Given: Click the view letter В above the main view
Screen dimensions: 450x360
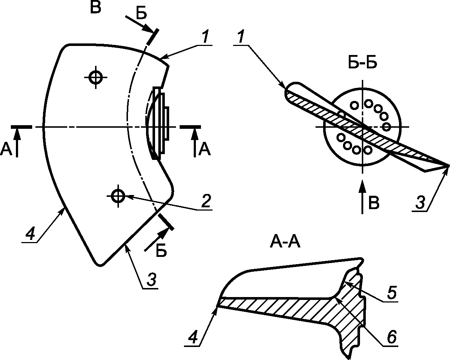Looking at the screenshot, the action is click(95, 8).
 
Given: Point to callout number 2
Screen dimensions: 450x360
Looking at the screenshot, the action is click(205, 201).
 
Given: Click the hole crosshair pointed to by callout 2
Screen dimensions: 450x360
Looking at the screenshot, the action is click(117, 196).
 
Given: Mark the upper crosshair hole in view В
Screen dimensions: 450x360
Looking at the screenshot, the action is click(95, 76).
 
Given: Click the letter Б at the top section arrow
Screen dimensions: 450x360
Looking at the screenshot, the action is click(141, 13).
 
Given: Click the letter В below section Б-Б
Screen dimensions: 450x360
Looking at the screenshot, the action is click(374, 203).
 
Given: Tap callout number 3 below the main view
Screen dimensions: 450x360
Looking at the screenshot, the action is click(151, 280).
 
